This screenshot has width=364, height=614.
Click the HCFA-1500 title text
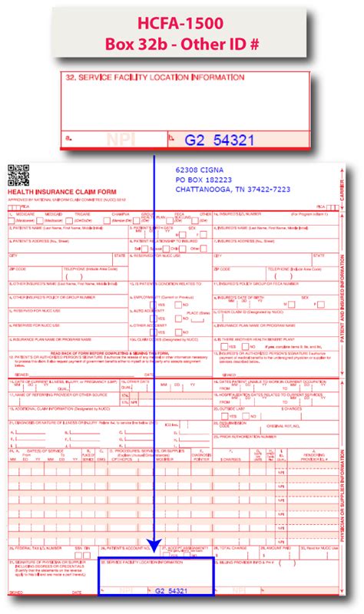tap(182, 24)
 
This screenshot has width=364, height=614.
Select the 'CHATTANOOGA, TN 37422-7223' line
tap(233, 189)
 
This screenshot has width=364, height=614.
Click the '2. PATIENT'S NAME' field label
tap(38, 226)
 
